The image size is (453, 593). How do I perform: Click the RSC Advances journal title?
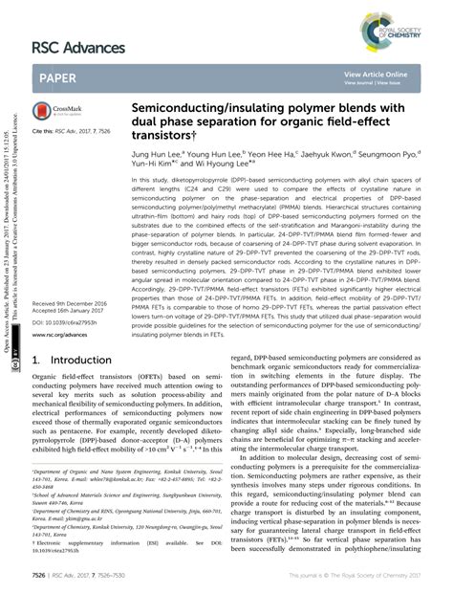(81, 47)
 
